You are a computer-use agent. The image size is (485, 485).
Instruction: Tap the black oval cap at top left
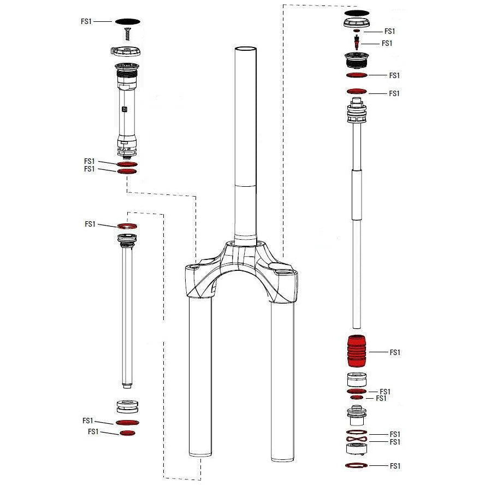[127, 21]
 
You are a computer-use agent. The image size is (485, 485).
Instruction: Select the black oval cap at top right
[357, 13]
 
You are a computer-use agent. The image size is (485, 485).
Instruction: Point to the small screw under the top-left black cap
[127, 34]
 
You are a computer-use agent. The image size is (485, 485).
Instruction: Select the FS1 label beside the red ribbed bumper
[395, 353]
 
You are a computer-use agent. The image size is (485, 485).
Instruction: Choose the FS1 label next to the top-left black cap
[86, 21]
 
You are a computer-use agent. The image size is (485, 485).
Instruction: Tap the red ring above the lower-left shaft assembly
[126, 225]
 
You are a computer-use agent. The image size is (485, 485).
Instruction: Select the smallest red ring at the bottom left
[127, 433]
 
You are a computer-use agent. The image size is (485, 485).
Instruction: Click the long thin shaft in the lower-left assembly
[127, 317]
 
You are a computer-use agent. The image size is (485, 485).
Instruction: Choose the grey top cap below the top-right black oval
[357, 22]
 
